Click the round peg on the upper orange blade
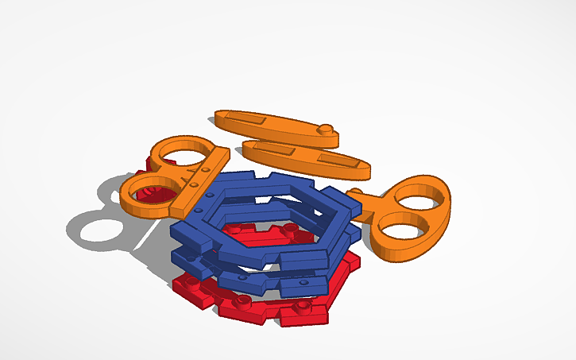point(327,128)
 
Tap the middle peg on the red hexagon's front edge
point(242,302)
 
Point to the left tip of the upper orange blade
point(219,118)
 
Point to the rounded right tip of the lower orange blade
point(365,169)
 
